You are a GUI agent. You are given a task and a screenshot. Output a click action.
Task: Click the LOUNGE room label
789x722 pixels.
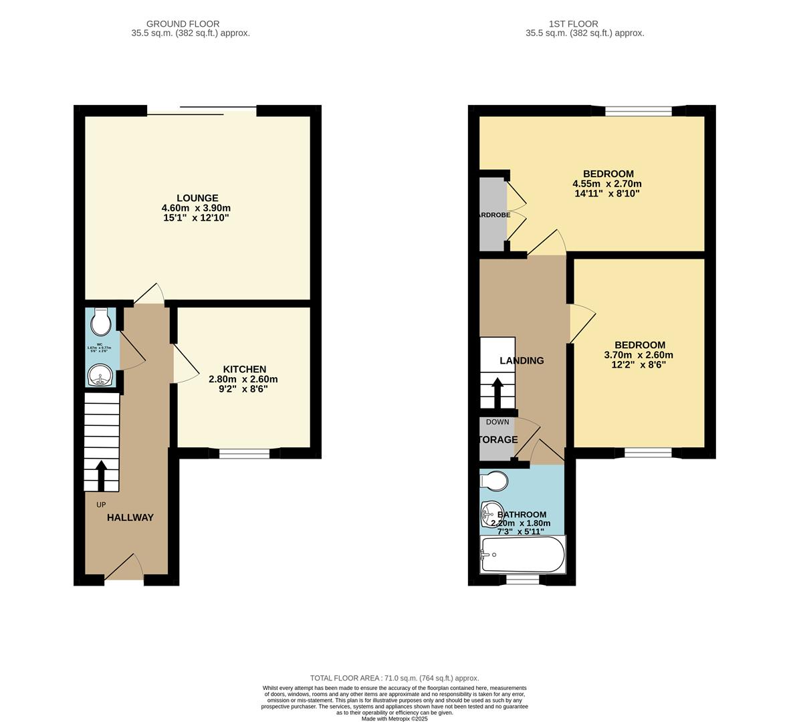tap(197, 198)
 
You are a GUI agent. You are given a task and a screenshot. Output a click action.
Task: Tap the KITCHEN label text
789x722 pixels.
tap(244, 369)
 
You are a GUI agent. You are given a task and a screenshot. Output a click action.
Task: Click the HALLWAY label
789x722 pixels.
tap(130, 517)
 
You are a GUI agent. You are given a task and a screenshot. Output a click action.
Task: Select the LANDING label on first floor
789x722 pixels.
tap(522, 360)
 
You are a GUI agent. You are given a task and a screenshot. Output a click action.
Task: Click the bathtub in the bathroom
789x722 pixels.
tap(523, 555)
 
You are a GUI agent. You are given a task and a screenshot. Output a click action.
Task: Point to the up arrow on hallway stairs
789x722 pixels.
tap(102, 475)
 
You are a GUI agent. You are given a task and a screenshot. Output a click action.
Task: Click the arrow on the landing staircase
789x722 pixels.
tap(497, 394)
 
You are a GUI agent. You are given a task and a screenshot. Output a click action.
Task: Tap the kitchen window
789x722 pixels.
tap(244, 453)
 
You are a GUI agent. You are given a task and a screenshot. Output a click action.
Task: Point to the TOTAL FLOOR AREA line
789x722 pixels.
tap(394, 678)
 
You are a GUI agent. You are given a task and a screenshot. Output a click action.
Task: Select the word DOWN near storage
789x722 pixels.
tap(497, 422)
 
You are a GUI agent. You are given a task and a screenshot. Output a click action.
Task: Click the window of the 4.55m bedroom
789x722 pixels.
tap(638, 112)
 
